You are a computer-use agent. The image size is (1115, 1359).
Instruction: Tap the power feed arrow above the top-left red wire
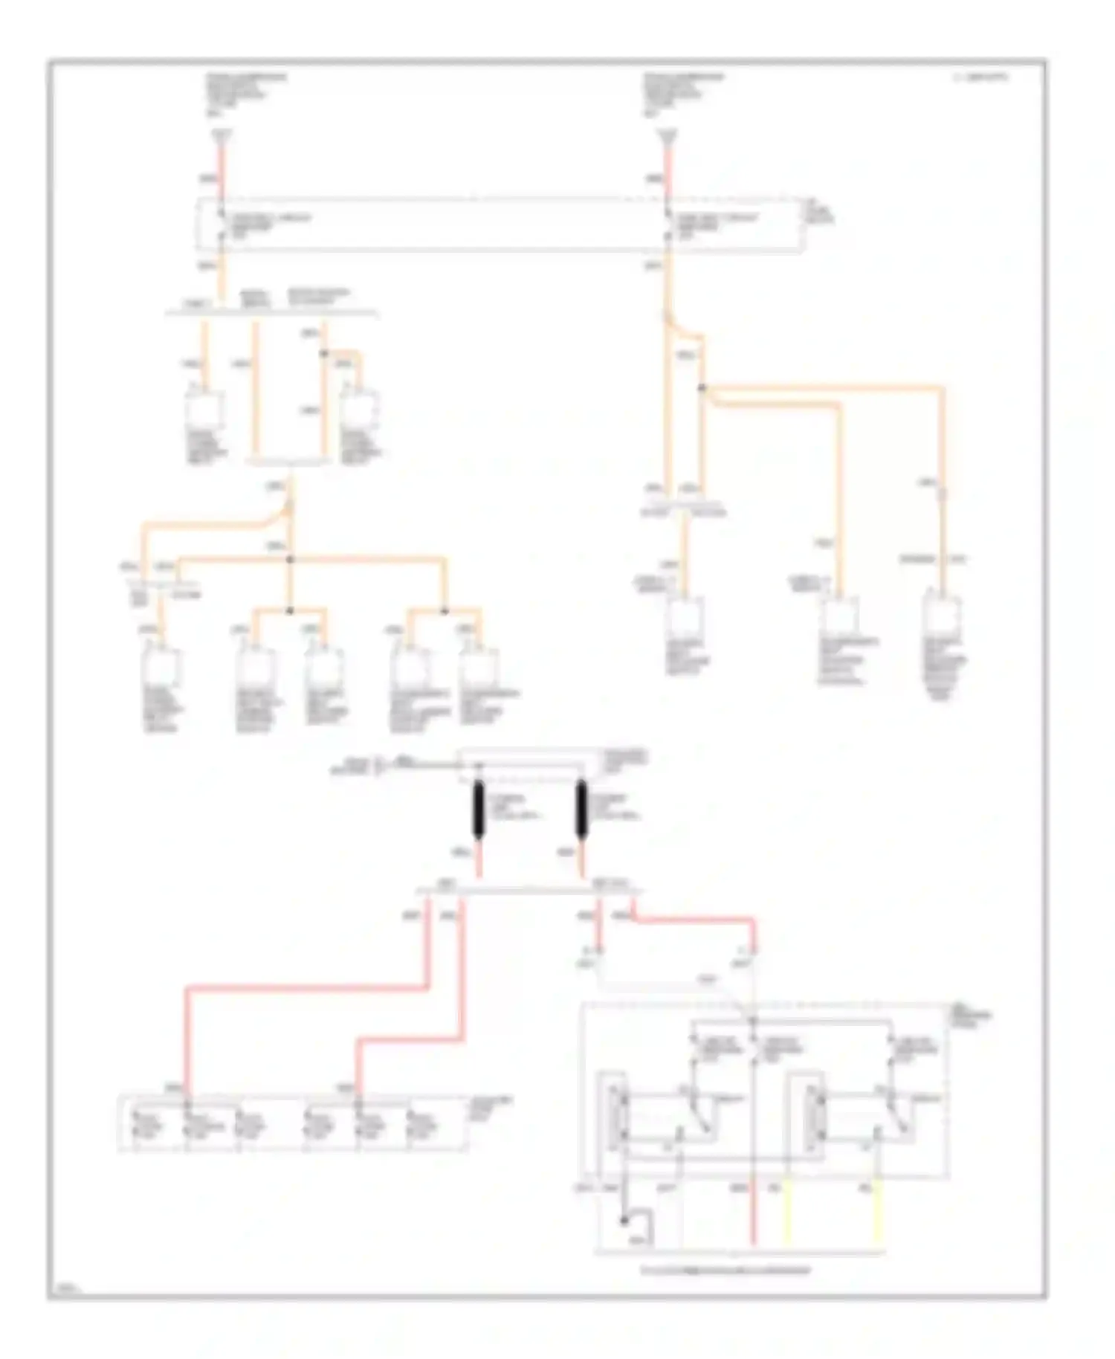click(x=221, y=136)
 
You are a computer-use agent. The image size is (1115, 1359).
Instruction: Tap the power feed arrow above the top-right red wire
click(x=668, y=136)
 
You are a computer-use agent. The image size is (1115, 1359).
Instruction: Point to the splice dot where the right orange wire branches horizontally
click(x=701, y=388)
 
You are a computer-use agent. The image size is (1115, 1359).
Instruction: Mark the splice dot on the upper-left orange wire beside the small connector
click(x=323, y=353)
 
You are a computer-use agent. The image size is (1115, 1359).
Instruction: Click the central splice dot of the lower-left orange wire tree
click(x=291, y=559)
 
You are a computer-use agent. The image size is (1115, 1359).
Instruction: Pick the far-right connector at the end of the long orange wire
click(x=942, y=615)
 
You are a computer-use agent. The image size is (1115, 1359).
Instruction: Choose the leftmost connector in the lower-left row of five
click(x=161, y=667)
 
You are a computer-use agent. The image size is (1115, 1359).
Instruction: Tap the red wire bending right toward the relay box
click(x=691, y=920)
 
